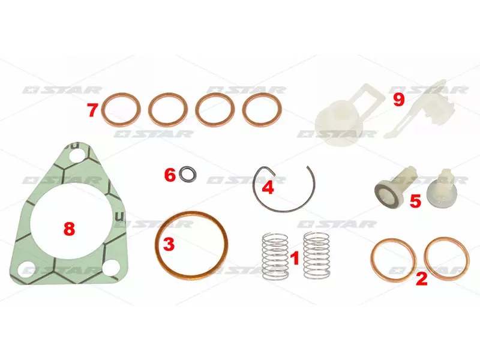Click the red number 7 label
tap(92, 110)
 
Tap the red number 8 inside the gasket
tap(69, 229)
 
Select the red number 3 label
tap(169, 244)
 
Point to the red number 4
tap(268, 187)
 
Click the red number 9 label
tap(399, 100)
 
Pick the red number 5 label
tap(415, 202)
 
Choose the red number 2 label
tap(422, 278)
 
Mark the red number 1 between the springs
tap(295, 258)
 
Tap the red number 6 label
tap(170, 175)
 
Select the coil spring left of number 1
tap(275, 257)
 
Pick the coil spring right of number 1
tap(317, 256)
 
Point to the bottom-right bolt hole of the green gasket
tap(110, 268)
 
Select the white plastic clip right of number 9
tap(419, 109)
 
